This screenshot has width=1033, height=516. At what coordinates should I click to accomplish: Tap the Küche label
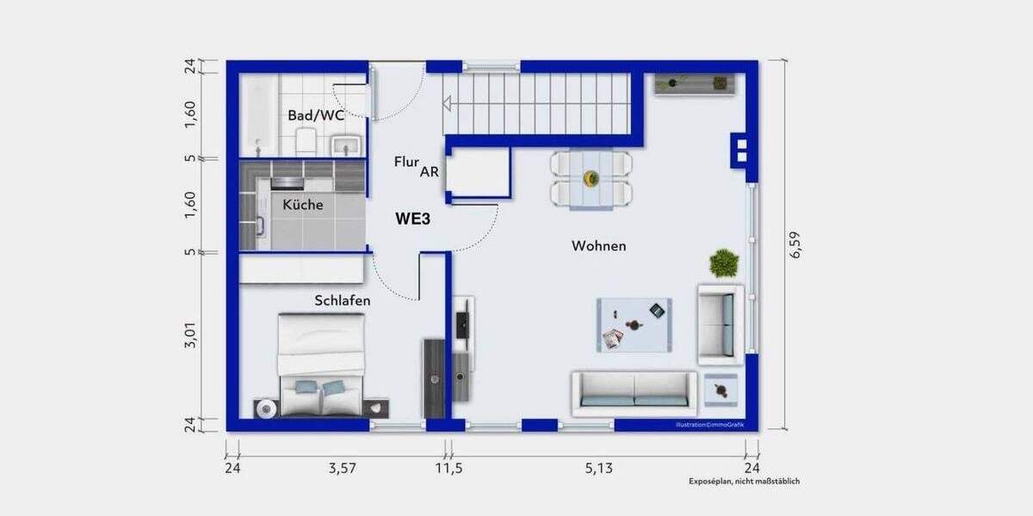click(x=303, y=205)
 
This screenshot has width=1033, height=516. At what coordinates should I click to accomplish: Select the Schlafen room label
click(x=343, y=300)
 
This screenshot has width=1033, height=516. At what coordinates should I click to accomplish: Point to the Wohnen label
click(x=598, y=246)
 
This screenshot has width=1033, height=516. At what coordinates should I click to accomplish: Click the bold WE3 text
click(x=412, y=218)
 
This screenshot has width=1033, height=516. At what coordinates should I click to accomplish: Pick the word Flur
click(x=406, y=162)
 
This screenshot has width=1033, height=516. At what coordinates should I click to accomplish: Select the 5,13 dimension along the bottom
click(x=601, y=469)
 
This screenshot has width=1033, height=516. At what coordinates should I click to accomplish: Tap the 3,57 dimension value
click(x=342, y=469)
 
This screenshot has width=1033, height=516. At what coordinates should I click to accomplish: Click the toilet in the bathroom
click(x=306, y=141)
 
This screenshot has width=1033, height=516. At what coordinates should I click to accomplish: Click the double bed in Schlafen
click(x=321, y=365)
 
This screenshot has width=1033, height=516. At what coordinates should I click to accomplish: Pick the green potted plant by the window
click(x=724, y=263)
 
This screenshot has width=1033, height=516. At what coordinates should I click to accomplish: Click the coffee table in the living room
click(x=634, y=325)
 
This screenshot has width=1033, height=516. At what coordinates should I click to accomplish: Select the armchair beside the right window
click(x=720, y=324)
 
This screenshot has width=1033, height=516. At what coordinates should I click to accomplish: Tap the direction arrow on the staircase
click(x=448, y=104)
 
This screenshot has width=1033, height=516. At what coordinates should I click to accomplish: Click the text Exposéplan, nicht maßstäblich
click(x=744, y=482)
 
